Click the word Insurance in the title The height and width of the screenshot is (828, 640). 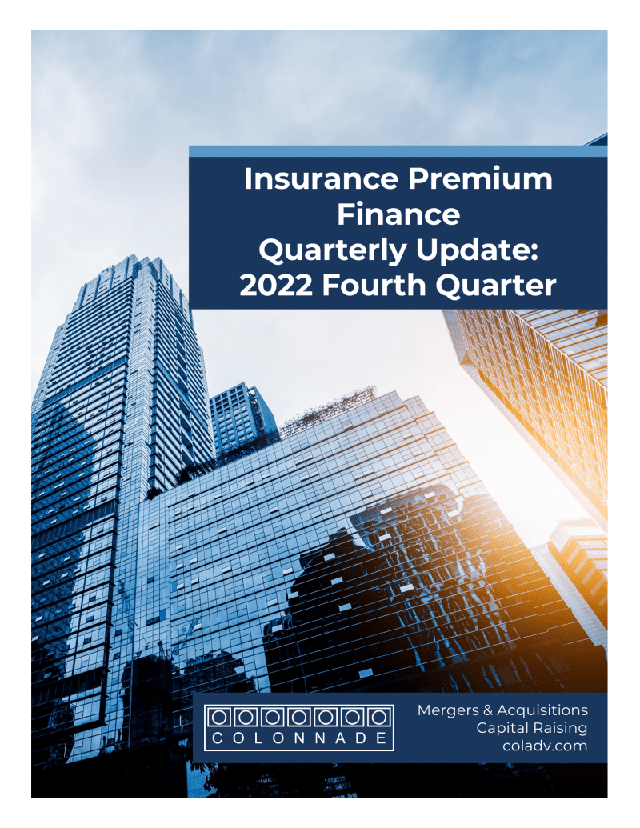pos(321,179)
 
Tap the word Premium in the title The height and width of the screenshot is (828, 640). pos(480,179)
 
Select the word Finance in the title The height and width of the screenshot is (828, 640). pos(398,214)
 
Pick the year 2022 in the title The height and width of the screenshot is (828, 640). pos(276,285)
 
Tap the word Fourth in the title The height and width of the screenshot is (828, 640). pos(374,285)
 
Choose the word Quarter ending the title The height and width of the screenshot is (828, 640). pos(496,285)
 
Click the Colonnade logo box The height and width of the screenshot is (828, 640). pos(299,728)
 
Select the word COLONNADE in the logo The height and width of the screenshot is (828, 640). pos(299,738)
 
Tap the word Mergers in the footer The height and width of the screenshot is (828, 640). pos(448,710)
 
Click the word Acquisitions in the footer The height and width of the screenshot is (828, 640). pos(542,710)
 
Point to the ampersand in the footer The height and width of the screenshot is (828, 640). pos(487,710)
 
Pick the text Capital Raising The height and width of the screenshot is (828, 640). pos(532,728)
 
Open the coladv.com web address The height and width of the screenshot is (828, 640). pos(545,746)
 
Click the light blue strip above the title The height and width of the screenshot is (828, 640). pos(398,151)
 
